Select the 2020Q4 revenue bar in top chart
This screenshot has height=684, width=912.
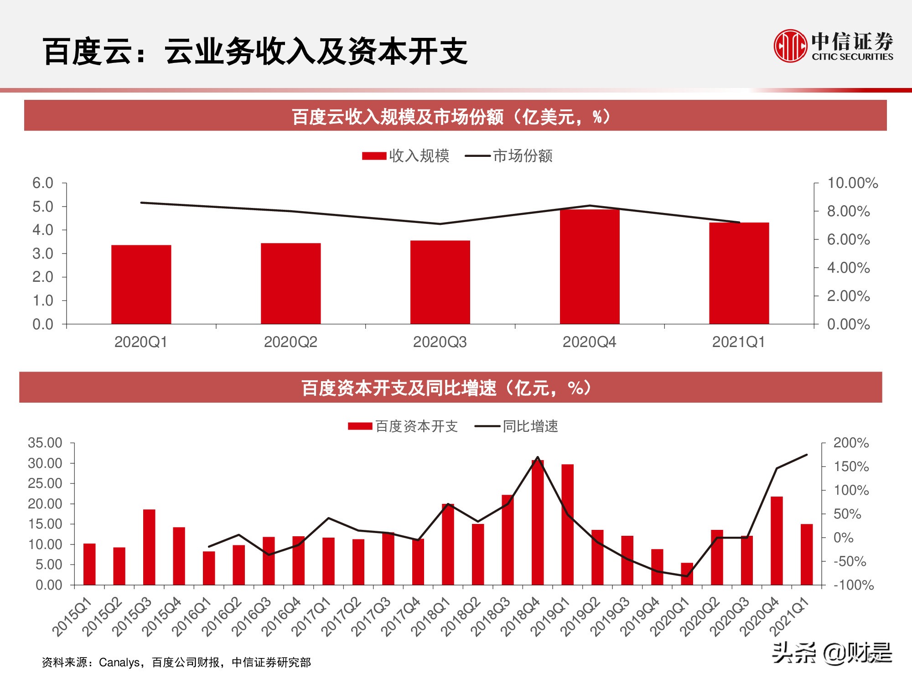(x=590, y=267)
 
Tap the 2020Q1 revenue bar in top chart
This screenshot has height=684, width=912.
(x=141, y=285)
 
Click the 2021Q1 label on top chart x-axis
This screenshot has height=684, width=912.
(x=738, y=342)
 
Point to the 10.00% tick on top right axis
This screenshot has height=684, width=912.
(x=852, y=183)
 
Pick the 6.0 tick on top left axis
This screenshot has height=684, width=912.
(x=43, y=183)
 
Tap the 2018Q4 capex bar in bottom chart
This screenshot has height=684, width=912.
(x=538, y=523)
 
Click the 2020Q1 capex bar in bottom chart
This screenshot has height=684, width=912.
(x=687, y=574)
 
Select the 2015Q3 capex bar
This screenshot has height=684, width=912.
(x=149, y=547)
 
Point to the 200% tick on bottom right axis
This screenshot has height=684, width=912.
(x=850, y=443)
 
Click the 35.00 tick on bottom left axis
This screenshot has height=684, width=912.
(x=45, y=443)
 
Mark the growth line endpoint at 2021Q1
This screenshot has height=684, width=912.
(x=807, y=455)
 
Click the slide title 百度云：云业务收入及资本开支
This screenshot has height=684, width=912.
(x=255, y=51)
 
